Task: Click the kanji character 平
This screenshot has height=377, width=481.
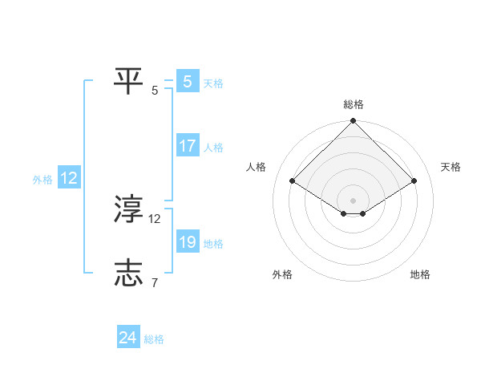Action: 129,80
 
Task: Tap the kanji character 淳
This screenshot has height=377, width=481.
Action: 129,209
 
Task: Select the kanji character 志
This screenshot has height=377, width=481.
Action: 129,274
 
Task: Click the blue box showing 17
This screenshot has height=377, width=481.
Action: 187,147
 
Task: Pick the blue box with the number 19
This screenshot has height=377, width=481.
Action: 187,243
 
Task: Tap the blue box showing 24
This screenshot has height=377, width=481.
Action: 127,338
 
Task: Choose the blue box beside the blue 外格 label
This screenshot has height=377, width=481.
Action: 68,179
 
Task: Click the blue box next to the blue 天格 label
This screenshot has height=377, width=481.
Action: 187,82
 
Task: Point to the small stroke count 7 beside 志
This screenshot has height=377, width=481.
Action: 154,283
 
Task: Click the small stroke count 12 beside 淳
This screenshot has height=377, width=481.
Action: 155,218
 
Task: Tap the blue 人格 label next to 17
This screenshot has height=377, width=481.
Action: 213,148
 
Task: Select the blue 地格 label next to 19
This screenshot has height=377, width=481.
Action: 213,244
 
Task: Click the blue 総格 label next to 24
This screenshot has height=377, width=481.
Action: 154,339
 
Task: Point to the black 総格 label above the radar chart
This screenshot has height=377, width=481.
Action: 353,104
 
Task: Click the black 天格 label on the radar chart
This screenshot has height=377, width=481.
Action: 451,167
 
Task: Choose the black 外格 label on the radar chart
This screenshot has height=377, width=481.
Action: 282,275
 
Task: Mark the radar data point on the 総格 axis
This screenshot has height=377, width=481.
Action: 353,122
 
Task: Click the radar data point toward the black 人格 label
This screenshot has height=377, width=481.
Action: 292,180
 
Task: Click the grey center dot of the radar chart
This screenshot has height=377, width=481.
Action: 353,200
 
